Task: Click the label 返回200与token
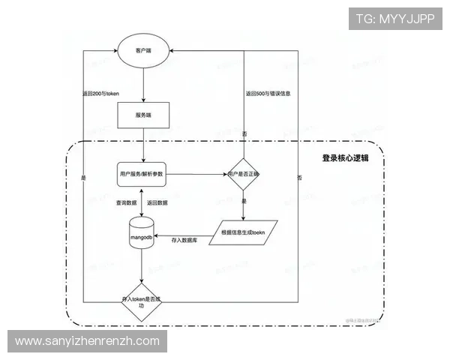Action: pos(101,94)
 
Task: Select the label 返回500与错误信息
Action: pos(268,94)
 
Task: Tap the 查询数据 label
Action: pos(126,203)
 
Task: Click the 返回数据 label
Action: pos(157,203)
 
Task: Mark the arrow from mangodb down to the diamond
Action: pos(142,265)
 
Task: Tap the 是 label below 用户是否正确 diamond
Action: pos(244,202)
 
